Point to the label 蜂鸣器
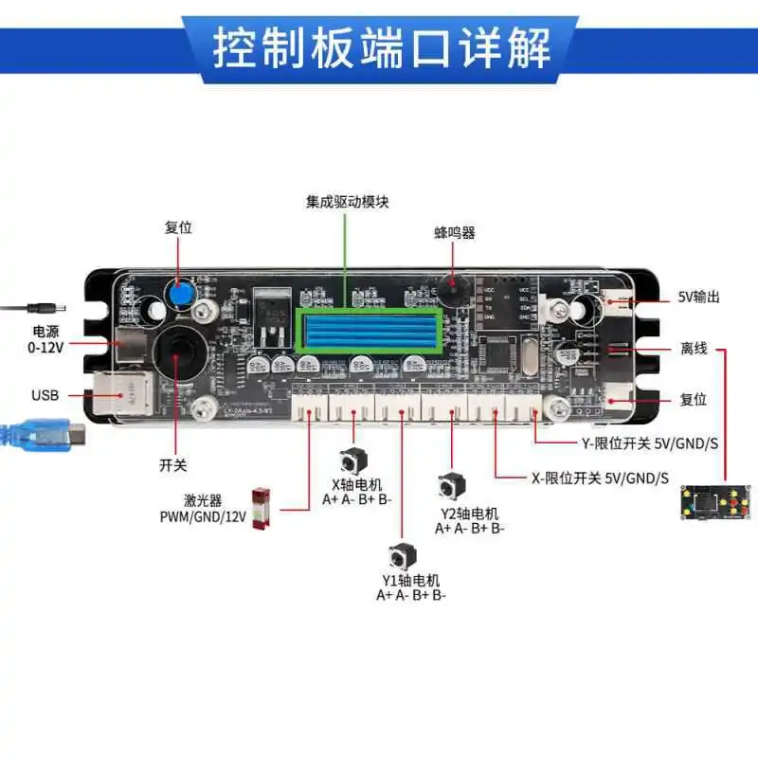453,232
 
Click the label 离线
694,349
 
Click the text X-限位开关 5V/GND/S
600,477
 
